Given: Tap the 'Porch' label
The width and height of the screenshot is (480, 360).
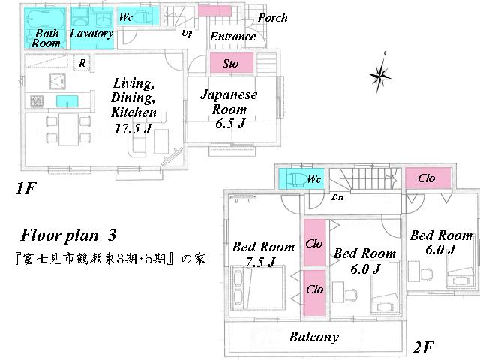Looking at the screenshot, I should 272,18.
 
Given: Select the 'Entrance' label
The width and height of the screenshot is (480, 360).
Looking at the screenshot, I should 232,37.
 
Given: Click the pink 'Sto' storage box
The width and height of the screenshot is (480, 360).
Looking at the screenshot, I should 231,64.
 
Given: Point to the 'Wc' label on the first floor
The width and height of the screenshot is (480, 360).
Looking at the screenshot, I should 126,16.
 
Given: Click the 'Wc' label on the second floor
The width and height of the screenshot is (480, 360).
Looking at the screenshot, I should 314,179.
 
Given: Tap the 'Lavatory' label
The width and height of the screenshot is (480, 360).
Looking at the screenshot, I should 91,34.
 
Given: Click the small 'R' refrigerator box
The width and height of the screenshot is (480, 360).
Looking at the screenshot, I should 81,63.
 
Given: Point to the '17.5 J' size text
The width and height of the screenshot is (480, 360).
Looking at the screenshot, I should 135,127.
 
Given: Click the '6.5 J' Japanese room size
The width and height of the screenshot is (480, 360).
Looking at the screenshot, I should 229,123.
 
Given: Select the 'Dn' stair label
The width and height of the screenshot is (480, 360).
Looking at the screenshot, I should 337,198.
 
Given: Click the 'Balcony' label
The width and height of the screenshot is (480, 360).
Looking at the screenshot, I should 314,337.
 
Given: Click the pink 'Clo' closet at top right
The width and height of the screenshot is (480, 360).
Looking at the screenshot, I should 427,178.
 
